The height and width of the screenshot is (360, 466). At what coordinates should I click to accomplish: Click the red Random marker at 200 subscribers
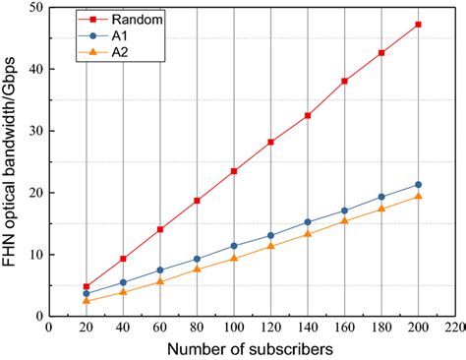(x=419, y=24)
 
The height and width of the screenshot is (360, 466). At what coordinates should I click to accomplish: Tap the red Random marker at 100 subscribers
(x=234, y=171)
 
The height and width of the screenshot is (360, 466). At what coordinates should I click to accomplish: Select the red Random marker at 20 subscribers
(x=87, y=286)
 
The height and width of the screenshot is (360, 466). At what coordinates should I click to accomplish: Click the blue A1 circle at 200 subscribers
(x=419, y=184)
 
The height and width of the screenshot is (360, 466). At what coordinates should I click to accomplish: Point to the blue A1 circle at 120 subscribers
(x=271, y=235)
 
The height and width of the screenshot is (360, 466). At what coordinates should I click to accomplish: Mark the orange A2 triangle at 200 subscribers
(x=419, y=197)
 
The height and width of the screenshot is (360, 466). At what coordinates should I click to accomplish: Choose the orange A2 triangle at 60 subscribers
(x=160, y=281)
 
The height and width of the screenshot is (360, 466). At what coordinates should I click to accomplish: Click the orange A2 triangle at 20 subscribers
(x=87, y=301)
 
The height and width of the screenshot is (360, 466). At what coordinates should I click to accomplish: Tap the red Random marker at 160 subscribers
(x=345, y=81)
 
